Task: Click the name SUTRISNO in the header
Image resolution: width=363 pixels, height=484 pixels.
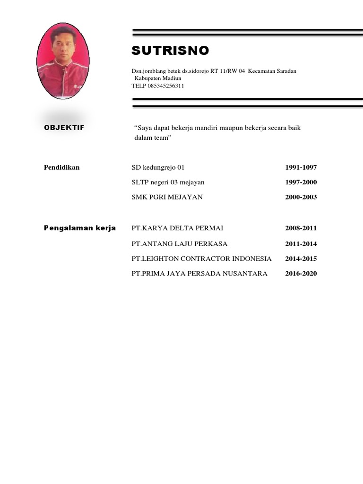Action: [170, 51]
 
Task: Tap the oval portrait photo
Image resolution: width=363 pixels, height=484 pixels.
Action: [62, 61]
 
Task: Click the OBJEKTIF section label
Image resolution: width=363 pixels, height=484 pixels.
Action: [64, 128]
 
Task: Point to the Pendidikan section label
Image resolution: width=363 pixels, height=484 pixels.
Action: [62, 167]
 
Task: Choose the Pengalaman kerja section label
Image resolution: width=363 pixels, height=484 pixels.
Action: [80, 228]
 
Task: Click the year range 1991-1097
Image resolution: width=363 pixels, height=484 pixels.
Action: [301, 168]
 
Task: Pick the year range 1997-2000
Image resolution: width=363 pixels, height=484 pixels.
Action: [301, 182]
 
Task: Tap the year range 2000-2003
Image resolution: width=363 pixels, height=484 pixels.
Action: [301, 197]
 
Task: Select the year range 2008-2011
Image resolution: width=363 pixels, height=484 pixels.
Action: [301, 228]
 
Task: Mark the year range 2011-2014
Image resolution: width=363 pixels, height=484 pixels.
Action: [301, 244]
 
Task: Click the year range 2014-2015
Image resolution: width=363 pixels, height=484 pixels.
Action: [301, 259]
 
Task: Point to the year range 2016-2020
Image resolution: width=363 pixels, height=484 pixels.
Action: [301, 274]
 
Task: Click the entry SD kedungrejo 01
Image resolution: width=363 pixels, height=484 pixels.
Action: [157, 168]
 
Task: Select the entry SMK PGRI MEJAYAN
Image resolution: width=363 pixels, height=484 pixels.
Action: [167, 197]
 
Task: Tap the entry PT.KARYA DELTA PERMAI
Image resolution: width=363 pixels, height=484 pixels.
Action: [177, 228]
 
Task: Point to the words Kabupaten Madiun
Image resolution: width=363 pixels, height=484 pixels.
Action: [155, 78]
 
